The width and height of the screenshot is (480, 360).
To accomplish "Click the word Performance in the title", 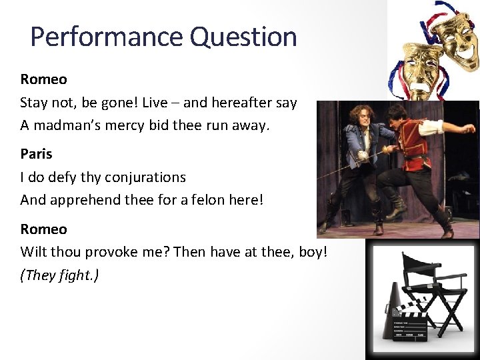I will click(107, 37).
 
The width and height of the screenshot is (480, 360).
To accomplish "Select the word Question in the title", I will click(243, 37).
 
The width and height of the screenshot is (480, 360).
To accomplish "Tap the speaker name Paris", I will click(36, 154).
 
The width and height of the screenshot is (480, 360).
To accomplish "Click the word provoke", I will click(129, 252).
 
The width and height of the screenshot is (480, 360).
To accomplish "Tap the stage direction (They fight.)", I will click(59, 275).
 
